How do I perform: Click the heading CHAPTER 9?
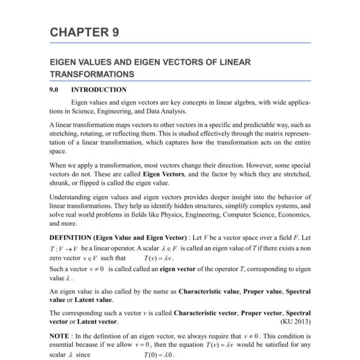coord(84,32)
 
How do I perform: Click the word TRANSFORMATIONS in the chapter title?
coord(91,74)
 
